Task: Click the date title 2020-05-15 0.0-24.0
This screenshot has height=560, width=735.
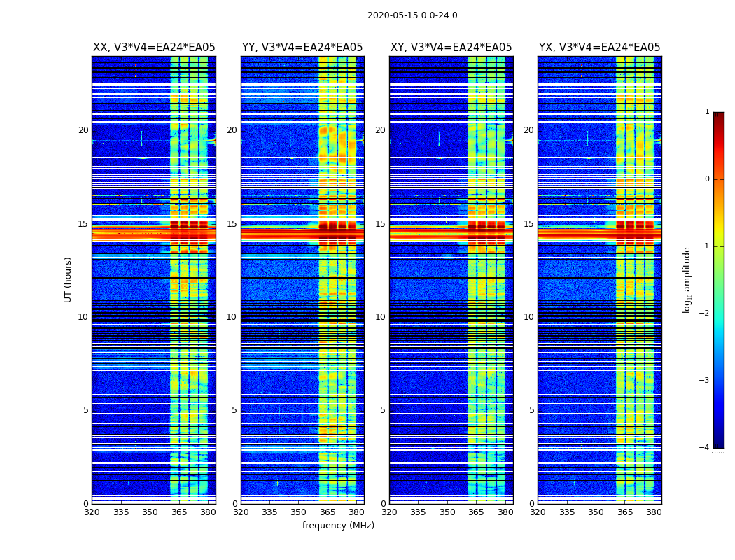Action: point(412,15)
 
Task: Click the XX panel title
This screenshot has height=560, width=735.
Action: point(154,48)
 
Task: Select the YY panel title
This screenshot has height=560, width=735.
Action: point(302,48)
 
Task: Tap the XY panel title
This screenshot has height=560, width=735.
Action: point(451,48)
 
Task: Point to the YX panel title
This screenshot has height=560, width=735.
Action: point(599,48)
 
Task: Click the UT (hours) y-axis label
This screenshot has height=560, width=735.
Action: point(68,279)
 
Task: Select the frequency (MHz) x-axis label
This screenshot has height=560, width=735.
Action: point(338,526)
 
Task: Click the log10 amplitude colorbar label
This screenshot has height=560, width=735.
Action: point(687,279)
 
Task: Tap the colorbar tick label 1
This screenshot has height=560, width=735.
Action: point(707,112)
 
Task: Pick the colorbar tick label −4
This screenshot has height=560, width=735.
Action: point(705,448)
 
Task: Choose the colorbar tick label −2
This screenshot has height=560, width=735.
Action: point(705,314)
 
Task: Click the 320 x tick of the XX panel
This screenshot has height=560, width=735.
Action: point(92,512)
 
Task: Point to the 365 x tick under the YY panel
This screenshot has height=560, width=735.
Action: point(328,512)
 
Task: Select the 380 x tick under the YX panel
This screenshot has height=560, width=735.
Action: point(654,512)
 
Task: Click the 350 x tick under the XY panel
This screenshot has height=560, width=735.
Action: point(447,512)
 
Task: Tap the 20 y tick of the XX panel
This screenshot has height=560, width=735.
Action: point(83,130)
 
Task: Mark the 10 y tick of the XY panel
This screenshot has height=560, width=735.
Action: point(380,317)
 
